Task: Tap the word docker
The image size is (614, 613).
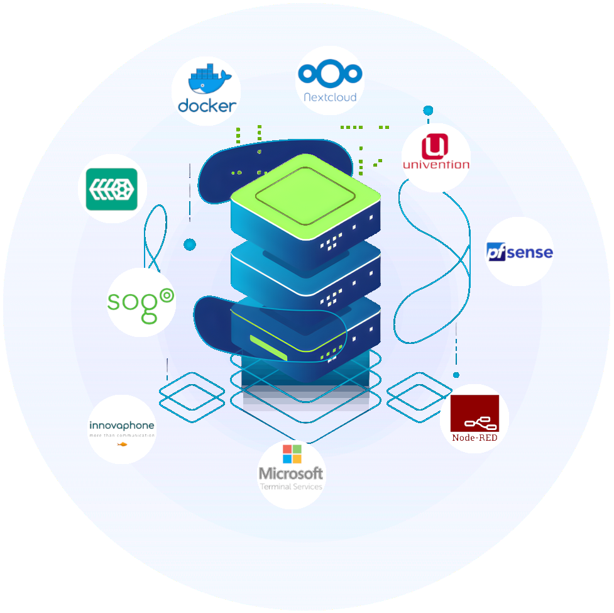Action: (x=207, y=105)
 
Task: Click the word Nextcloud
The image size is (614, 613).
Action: (x=330, y=97)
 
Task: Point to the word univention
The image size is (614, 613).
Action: (x=436, y=165)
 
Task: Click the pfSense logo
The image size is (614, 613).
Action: (x=520, y=253)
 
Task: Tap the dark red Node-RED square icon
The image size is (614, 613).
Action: (x=474, y=413)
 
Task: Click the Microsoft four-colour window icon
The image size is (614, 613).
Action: (x=292, y=454)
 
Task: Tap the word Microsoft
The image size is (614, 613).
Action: (x=291, y=473)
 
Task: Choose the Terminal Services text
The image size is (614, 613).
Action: (x=291, y=487)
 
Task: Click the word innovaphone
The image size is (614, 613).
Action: (x=121, y=426)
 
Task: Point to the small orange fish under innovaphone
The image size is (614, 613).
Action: (x=122, y=445)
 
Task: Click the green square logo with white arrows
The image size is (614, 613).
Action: (x=112, y=189)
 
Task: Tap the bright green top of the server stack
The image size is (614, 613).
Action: (x=305, y=192)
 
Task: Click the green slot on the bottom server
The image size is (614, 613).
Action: (x=268, y=348)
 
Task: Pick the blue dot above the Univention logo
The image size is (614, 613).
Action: (x=428, y=111)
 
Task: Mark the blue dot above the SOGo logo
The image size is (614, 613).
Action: (x=190, y=244)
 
